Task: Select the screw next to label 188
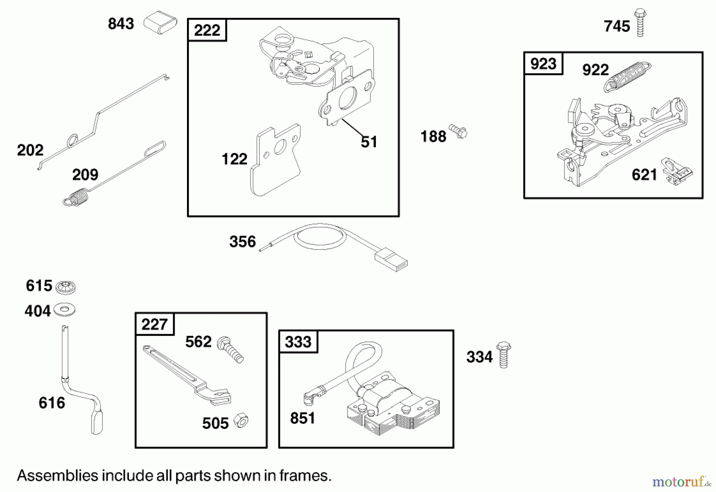(458, 132)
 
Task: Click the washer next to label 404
(64, 310)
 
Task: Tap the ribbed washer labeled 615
(66, 287)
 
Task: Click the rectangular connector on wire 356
(391, 260)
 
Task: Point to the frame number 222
(207, 30)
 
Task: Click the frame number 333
(298, 342)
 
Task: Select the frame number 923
(543, 64)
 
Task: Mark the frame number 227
(154, 324)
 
